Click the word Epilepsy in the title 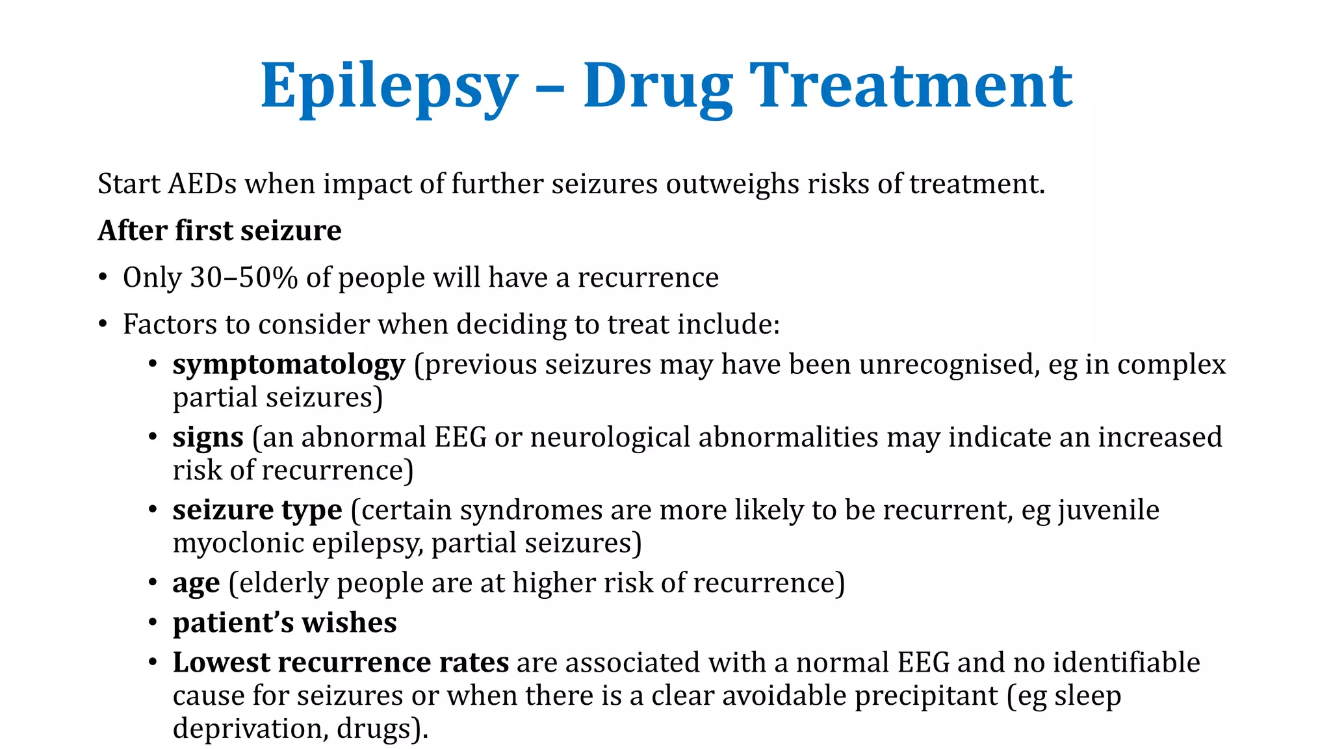(x=389, y=86)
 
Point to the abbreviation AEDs (x=202, y=184)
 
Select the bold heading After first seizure (x=220, y=231)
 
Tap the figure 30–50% (x=244, y=278)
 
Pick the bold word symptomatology (x=289, y=365)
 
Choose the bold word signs (x=208, y=438)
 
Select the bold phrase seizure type (x=257, y=510)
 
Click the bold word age (x=196, y=584)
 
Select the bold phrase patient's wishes (x=285, y=623)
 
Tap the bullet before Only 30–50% (x=103, y=278)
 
